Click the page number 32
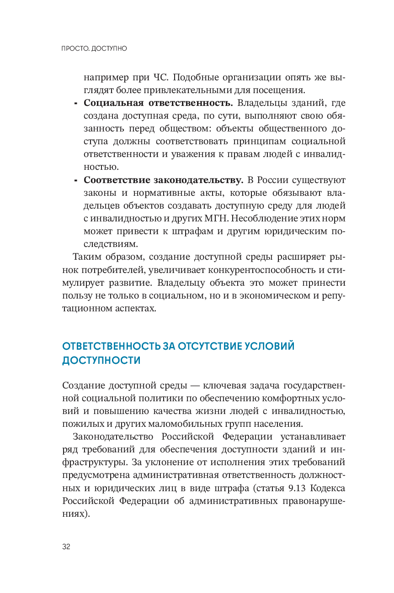[x=66, y=547]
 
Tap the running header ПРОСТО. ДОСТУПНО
[x=94, y=48]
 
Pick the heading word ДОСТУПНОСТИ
[x=101, y=360]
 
